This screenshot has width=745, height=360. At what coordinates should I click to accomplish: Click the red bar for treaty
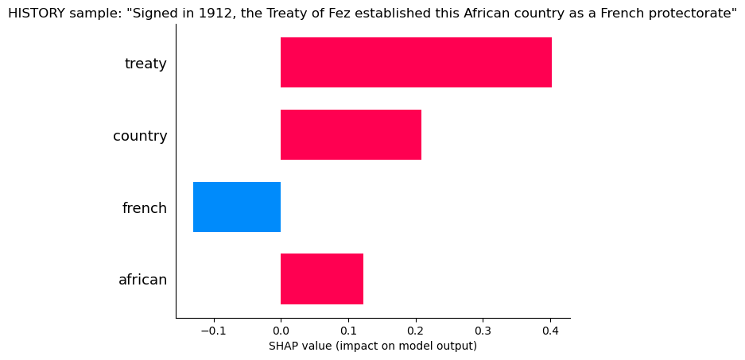(x=416, y=63)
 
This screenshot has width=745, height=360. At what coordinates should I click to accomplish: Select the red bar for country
(x=351, y=135)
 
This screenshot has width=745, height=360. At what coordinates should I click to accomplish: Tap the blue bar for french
(x=237, y=207)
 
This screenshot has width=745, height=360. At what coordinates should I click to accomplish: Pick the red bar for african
(x=322, y=280)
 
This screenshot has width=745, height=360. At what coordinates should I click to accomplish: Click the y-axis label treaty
(x=146, y=64)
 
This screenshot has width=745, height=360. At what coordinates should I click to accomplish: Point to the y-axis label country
(x=140, y=136)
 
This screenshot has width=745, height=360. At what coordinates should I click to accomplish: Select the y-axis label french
(x=144, y=208)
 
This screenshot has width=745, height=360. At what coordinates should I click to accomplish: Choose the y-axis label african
(x=142, y=280)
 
